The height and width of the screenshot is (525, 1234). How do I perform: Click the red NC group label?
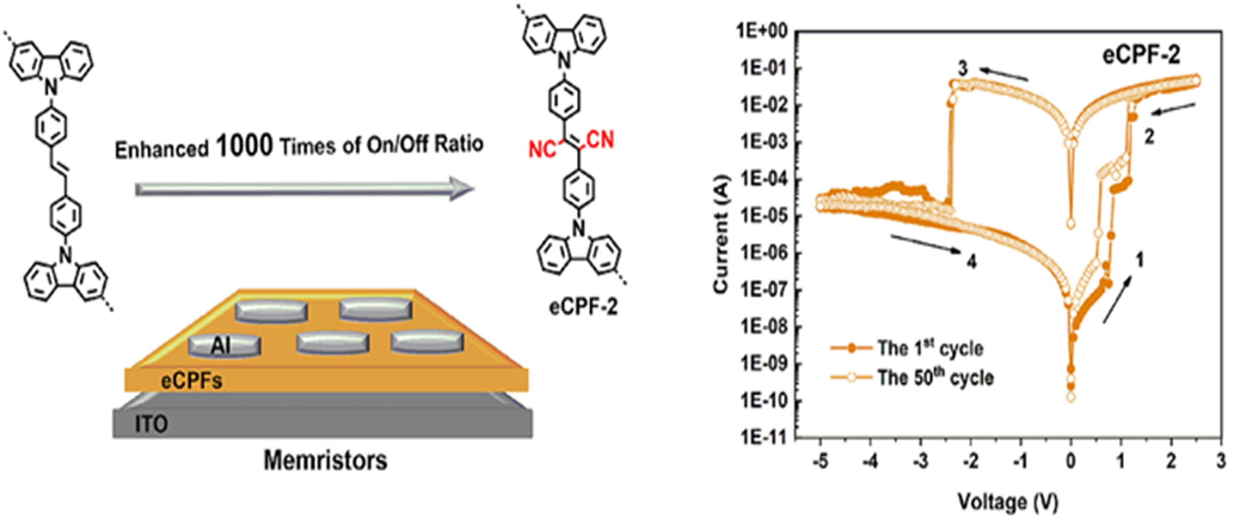pyautogui.click(x=542, y=149)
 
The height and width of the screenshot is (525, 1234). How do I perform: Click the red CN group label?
pyautogui.click(x=600, y=140)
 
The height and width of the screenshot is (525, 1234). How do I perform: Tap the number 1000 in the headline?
pyautogui.click(x=244, y=145)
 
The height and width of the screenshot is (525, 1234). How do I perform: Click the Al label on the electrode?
pyautogui.click(x=221, y=346)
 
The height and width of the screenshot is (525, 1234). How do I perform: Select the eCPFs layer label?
pyautogui.click(x=192, y=381)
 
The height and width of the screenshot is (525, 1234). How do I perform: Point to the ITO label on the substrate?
pyautogui.click(x=152, y=425)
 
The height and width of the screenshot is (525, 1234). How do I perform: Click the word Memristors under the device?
pyautogui.click(x=325, y=460)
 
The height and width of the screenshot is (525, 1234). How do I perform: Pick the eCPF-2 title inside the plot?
pyautogui.click(x=1141, y=55)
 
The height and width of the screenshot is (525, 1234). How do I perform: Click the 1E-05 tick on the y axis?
pyautogui.click(x=765, y=217)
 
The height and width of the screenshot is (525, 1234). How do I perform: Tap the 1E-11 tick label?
pyautogui.click(x=765, y=437)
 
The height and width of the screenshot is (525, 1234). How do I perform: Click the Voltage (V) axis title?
pyautogui.click(x=1008, y=502)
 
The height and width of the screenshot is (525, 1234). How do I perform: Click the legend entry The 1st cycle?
pyautogui.click(x=930, y=348)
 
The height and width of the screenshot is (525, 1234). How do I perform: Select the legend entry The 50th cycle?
pyautogui.click(x=935, y=378)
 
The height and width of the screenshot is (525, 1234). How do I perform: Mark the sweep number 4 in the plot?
pyautogui.click(x=972, y=261)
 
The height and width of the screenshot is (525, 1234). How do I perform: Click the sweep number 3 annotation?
pyautogui.click(x=962, y=68)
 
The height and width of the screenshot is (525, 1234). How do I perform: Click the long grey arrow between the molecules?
pyautogui.click(x=304, y=189)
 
